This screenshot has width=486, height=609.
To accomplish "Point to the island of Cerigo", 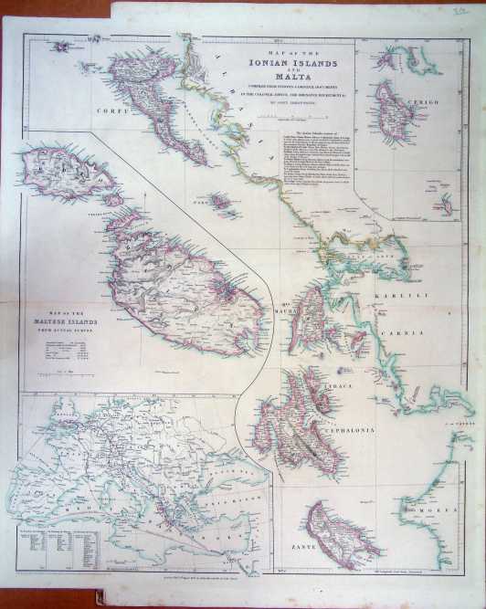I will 395,110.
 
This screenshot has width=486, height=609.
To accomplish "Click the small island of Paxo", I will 219,199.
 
